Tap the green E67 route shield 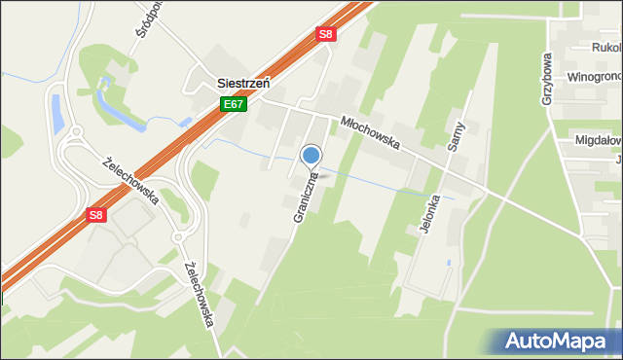pyautogui.click(x=232, y=104)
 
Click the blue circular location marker pyautogui.click(x=311, y=155)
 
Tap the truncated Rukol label pyautogui.click(x=605, y=46)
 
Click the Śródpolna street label pyautogui.click(x=142, y=35)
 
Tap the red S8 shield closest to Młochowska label pyautogui.click(x=326, y=34)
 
